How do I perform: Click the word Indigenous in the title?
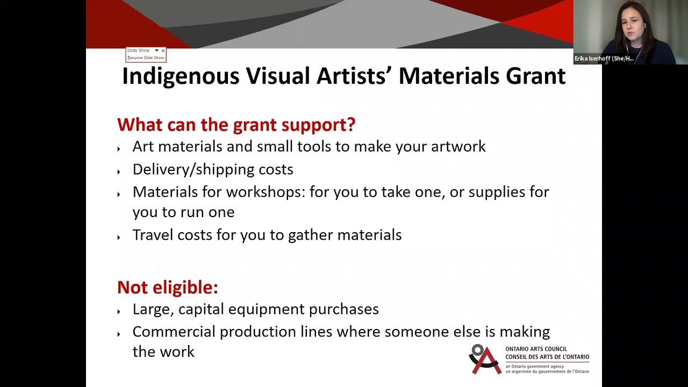tap(181, 76)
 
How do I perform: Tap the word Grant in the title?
tap(535, 76)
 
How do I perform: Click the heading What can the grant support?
tap(236, 125)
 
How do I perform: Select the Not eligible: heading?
tap(167, 288)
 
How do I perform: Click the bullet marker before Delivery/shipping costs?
tap(119, 171)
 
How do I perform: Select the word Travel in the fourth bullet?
tap(153, 235)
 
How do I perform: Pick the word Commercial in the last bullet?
tap(174, 332)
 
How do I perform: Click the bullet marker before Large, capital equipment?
tap(119, 311)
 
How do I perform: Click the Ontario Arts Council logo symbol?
tap(485, 359)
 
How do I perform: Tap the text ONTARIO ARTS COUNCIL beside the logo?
tap(536, 349)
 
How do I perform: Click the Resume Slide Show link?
tap(146, 58)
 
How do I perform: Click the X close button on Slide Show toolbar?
tap(163, 51)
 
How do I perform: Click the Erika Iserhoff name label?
tap(604, 59)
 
